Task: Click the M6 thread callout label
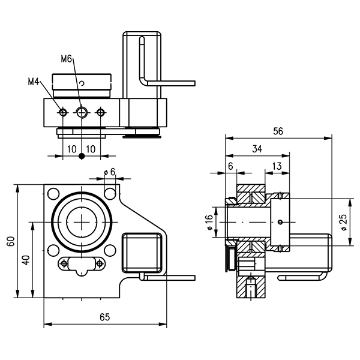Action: tap(67, 58)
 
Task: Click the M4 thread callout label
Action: tap(34, 82)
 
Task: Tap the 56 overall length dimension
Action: tap(278, 131)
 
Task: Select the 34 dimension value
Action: tap(257, 148)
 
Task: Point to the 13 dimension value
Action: tap(277, 166)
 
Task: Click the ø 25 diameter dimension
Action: tap(343, 222)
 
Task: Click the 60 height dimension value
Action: tap(10, 241)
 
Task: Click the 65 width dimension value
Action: tap(104, 317)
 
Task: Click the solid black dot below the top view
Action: tap(82, 157)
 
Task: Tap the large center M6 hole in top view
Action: tap(82, 112)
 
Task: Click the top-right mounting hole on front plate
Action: tap(109, 193)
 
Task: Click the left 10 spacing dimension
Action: tap(71, 148)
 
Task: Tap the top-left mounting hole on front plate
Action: tap(53, 193)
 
